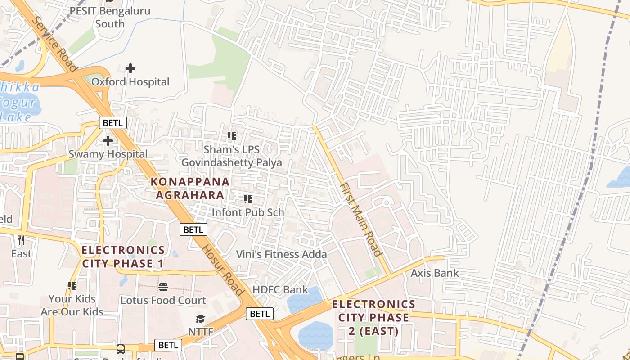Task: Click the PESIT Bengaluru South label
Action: [x=110, y=17]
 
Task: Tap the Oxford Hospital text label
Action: [x=130, y=82]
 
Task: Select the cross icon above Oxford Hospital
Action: [x=130, y=68]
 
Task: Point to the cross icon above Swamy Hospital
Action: [x=108, y=141]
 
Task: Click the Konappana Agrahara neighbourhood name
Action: [x=190, y=188]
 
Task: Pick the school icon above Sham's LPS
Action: [x=232, y=136]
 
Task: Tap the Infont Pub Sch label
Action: [x=247, y=212]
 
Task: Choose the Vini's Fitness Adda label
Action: [x=282, y=254]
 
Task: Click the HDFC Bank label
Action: [x=280, y=289]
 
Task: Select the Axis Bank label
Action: [x=435, y=273]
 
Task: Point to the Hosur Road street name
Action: [x=222, y=270]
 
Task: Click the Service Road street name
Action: [x=54, y=44]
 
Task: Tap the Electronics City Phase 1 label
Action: [x=123, y=256]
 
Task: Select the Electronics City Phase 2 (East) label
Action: [x=373, y=318]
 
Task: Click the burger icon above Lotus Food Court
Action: [x=163, y=287]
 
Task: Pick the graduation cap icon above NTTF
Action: [x=200, y=319]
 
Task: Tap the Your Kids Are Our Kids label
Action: [x=72, y=305]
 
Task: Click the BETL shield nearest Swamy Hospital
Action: [x=113, y=123]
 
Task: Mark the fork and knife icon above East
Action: [x=21, y=240]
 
